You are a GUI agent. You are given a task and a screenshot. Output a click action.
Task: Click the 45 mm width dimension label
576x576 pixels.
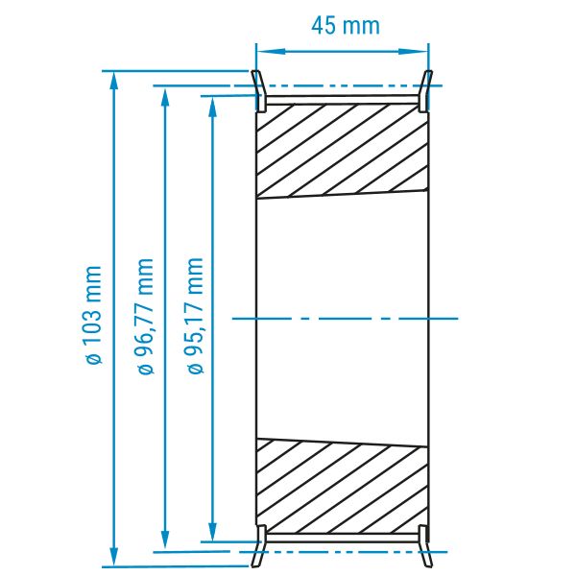point(346,26)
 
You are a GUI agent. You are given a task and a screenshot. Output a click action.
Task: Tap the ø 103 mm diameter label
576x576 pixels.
point(91,315)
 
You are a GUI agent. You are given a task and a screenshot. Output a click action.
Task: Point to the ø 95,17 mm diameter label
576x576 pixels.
point(194,316)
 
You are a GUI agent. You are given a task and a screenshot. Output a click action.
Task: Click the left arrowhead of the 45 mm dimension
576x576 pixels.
point(271,52)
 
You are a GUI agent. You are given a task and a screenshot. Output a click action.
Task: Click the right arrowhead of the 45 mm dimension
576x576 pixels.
point(414,52)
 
